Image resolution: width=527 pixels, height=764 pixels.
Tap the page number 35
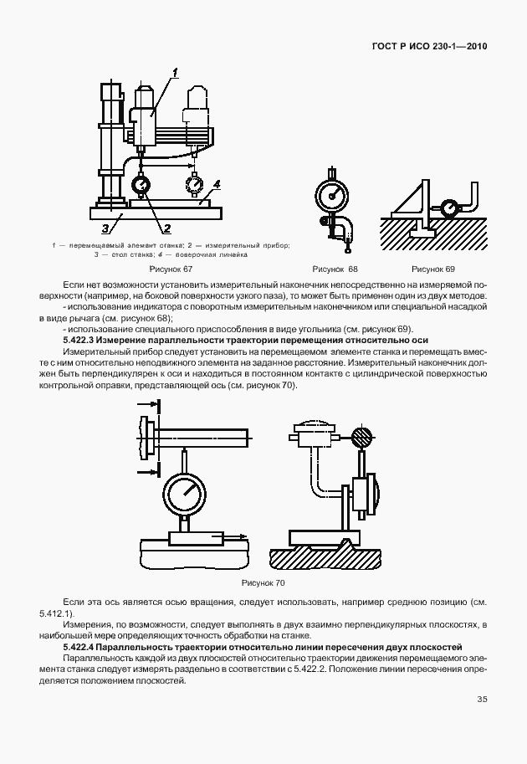tap(482, 700)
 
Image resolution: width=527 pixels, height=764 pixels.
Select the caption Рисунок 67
tap(171, 269)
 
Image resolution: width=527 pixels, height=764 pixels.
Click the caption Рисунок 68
tap(335, 269)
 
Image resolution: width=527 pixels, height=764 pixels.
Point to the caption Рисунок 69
tap(433, 269)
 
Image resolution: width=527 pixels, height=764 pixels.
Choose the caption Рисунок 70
tap(263, 582)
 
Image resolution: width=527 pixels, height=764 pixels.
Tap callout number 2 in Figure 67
tap(166, 228)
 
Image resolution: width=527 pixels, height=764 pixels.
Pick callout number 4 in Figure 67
tap(216, 183)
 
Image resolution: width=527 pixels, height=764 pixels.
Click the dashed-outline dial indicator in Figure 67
tap(194, 182)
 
